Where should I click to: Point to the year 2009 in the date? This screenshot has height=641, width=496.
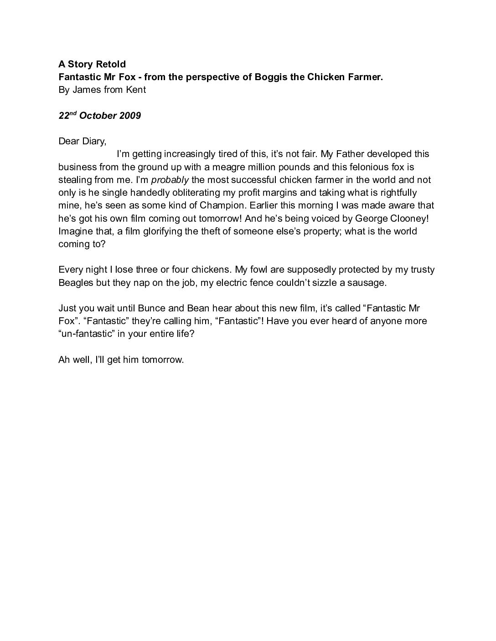click(x=130, y=116)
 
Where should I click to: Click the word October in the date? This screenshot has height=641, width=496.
click(x=98, y=116)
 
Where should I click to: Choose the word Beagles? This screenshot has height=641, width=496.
click(x=75, y=282)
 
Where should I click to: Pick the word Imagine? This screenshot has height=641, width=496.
click(x=75, y=231)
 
